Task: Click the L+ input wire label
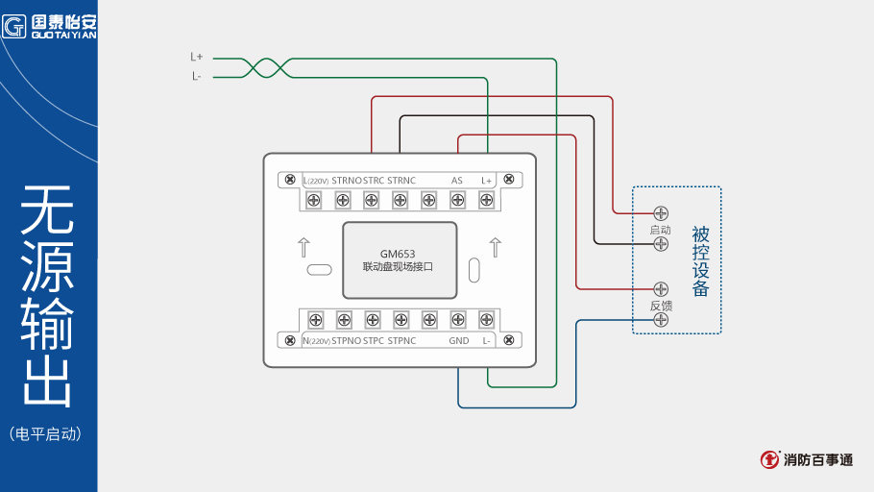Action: click(x=196, y=58)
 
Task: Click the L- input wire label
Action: click(x=196, y=77)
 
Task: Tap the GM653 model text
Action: click(x=398, y=254)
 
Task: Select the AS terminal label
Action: click(x=456, y=180)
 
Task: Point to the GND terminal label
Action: click(x=458, y=340)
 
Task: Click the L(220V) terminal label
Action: click(x=316, y=180)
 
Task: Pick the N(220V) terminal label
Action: click(x=316, y=340)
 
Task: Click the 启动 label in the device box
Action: click(x=660, y=230)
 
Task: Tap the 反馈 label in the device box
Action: click(x=660, y=306)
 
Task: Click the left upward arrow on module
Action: click(x=303, y=247)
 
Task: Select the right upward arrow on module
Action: click(x=495, y=247)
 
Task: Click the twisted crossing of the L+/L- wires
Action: click(x=264, y=67)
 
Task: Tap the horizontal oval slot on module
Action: click(x=319, y=270)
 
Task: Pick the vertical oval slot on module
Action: click(x=473, y=270)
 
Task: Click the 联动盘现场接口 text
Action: click(x=398, y=266)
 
